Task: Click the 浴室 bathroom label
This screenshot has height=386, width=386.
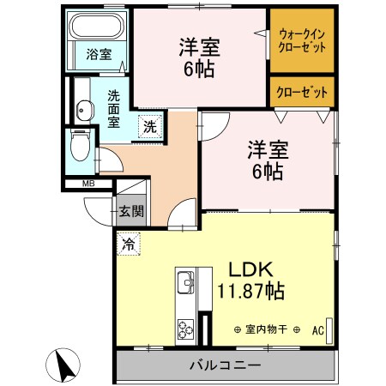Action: pos(99,55)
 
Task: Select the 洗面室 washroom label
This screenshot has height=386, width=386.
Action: pos(114,108)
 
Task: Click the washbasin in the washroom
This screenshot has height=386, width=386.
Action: pos(84,108)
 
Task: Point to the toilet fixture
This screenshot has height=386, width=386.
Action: pos(79,144)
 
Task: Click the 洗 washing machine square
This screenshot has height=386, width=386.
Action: pos(149,125)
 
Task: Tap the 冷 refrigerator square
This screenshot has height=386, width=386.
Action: pos(129,244)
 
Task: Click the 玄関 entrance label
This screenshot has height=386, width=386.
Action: pos(131,211)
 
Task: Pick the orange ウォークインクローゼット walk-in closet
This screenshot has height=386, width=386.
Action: pos(301,39)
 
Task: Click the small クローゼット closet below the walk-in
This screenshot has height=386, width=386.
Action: pos(301,90)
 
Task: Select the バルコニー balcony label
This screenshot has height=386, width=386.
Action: pos(224,366)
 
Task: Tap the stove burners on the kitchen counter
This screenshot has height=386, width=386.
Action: pos(186,328)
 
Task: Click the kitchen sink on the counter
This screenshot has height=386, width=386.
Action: pos(185,281)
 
